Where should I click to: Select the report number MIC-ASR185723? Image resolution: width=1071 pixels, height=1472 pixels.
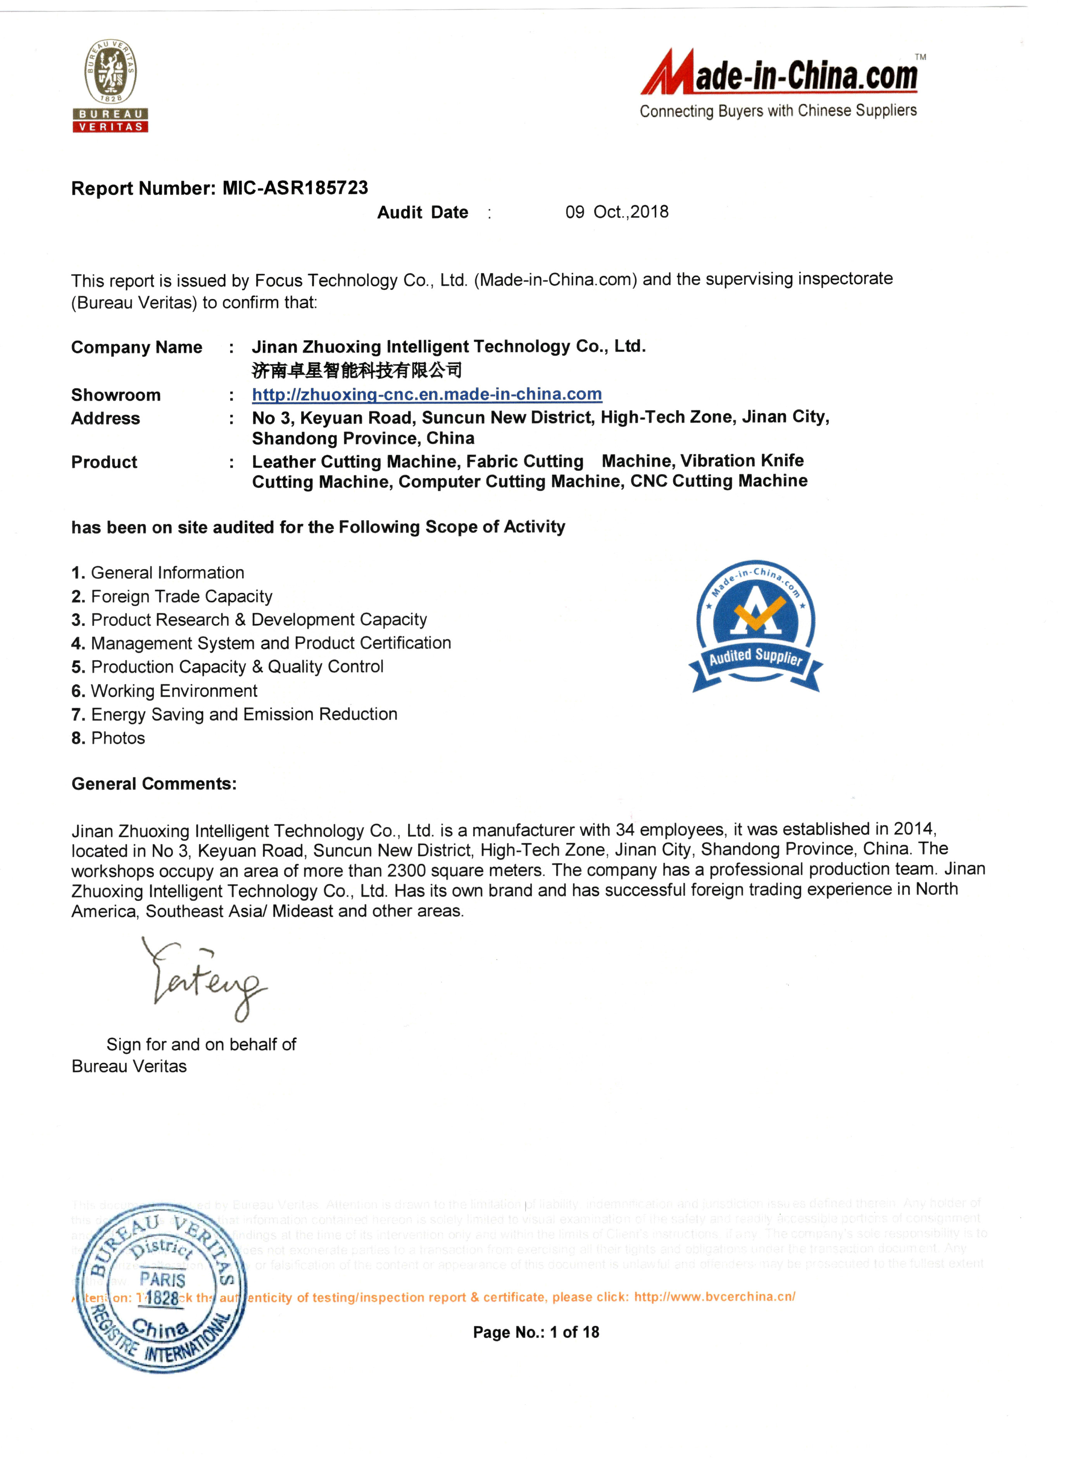[x=295, y=188]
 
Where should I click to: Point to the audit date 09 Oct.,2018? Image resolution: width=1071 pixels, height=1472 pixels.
[x=617, y=212]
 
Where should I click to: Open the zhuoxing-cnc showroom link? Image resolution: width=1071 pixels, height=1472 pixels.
[x=427, y=394]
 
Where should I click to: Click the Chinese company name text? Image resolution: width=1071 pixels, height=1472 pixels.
[x=357, y=370]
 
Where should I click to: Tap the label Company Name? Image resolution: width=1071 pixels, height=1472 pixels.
[x=136, y=348]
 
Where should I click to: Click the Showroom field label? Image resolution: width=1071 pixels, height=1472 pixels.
[x=116, y=395]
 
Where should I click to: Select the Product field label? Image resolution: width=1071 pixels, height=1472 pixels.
[x=104, y=463]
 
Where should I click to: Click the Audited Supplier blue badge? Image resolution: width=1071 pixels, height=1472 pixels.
[x=755, y=626]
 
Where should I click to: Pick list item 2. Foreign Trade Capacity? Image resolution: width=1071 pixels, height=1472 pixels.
[x=172, y=596]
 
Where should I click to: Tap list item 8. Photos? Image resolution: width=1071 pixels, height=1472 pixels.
[x=109, y=739]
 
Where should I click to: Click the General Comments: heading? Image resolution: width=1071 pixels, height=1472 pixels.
[x=154, y=784]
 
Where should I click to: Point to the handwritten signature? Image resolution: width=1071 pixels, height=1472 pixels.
[x=204, y=979]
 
